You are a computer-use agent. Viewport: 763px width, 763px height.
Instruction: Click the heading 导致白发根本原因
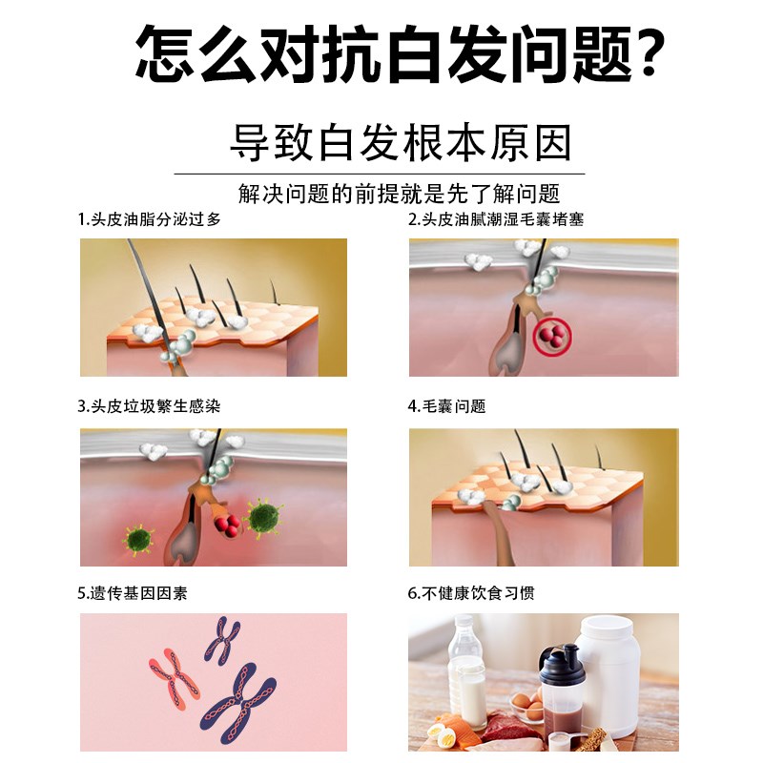pyautogui.click(x=401, y=143)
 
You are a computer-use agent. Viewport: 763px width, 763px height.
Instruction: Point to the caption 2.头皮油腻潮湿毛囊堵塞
pyautogui.click(x=495, y=219)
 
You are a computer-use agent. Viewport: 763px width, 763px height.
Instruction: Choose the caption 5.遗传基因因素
pyautogui.click(x=133, y=592)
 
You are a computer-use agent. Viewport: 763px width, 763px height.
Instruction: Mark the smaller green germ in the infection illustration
pyautogui.click(x=139, y=540)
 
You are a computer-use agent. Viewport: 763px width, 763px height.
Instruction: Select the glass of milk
pyautogui.click(x=470, y=687)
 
